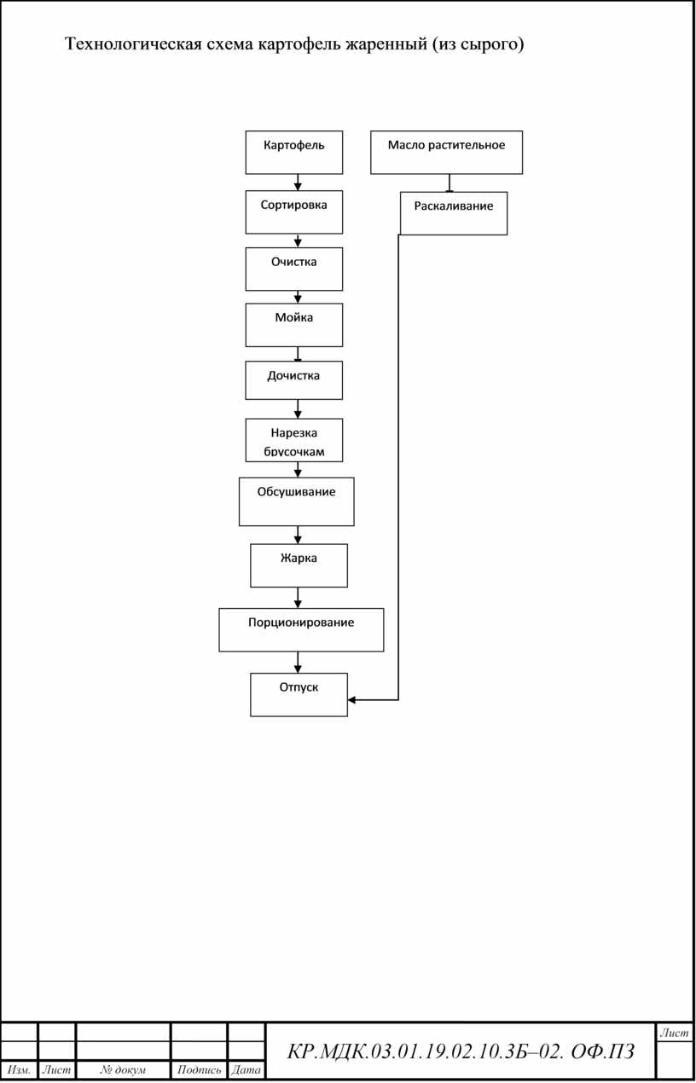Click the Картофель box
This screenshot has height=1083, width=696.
click(x=294, y=153)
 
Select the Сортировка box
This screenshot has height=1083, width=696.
click(x=294, y=212)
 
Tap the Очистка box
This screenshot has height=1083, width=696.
click(x=294, y=269)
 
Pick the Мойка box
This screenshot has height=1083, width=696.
click(x=294, y=325)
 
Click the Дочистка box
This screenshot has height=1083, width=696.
click(x=294, y=380)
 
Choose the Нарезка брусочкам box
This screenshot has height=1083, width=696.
click(x=294, y=440)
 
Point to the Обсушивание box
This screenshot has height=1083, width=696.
click(x=297, y=502)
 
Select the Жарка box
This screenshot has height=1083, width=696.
click(x=299, y=565)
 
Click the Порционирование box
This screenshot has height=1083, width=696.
click(x=301, y=630)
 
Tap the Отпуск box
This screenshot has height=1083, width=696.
click(x=299, y=695)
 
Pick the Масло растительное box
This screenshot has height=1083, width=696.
click(x=446, y=153)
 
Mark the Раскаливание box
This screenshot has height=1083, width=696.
click(x=454, y=213)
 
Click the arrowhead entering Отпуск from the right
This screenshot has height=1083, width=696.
click(x=351, y=699)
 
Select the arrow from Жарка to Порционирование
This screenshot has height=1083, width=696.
click(x=298, y=598)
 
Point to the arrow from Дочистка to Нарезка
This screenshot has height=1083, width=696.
click(x=298, y=409)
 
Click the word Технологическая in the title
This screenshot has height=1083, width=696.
click(x=133, y=44)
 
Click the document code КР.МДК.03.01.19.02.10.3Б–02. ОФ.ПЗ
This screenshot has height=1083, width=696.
click(x=461, y=1052)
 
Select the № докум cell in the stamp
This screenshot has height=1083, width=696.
click(x=123, y=1070)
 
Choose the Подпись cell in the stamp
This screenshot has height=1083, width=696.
click(x=199, y=1070)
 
